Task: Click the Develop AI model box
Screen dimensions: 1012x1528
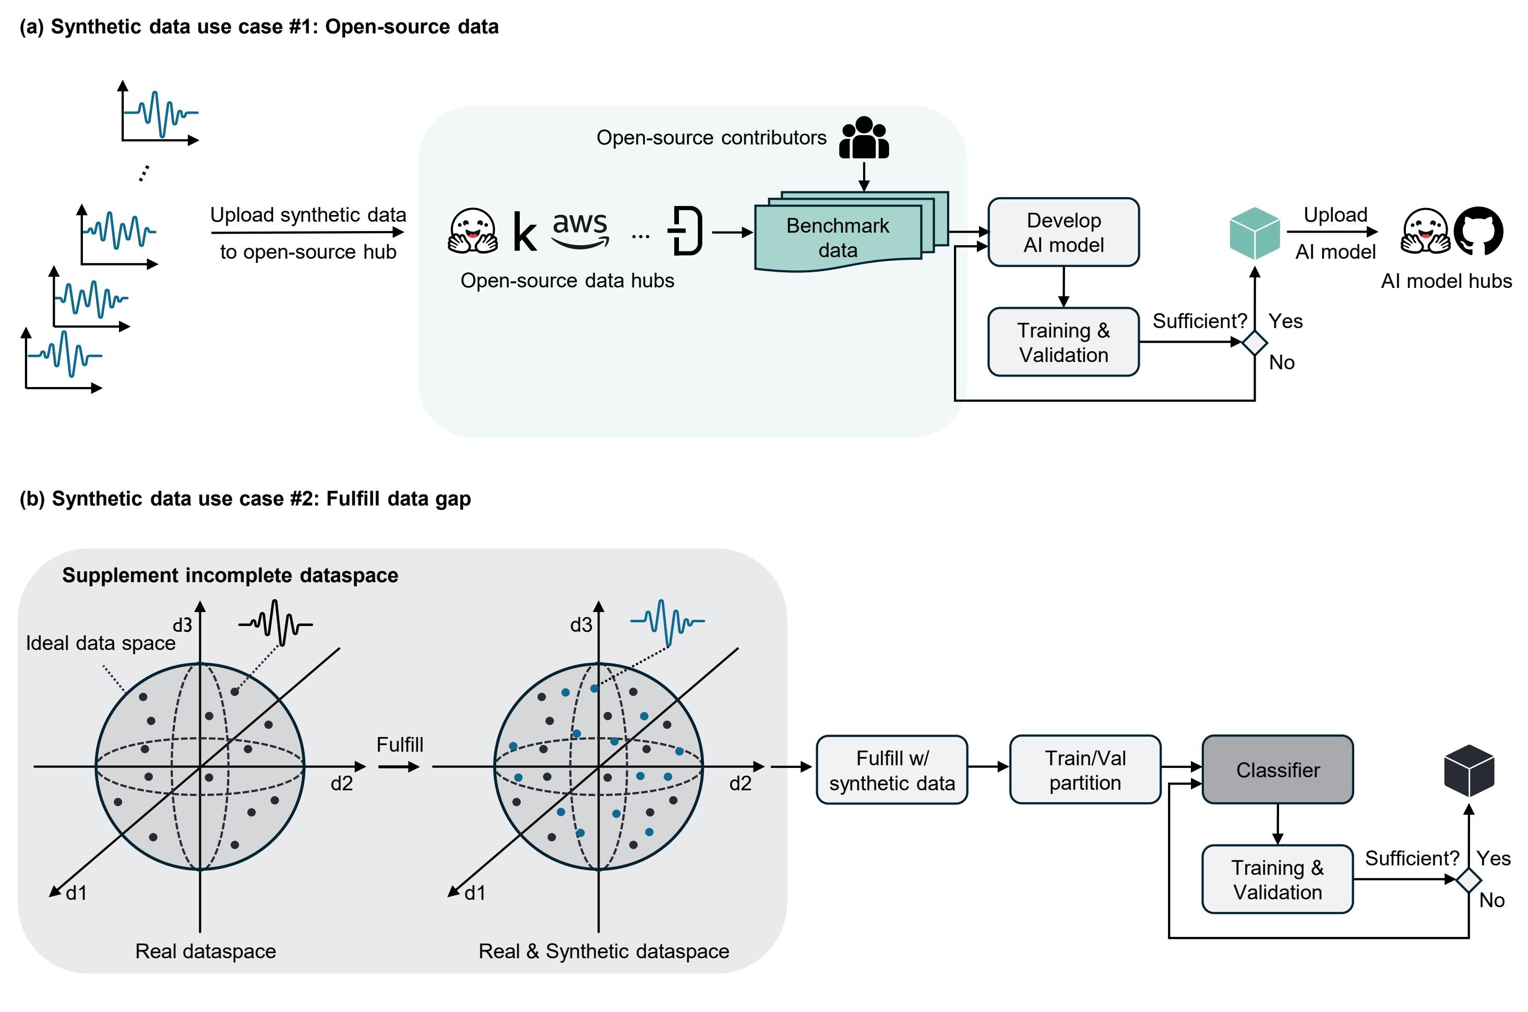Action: pyautogui.click(x=1063, y=232)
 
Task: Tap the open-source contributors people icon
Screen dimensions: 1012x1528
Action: pyautogui.click(x=863, y=138)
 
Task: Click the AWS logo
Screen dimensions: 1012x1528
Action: pyautogui.click(x=580, y=229)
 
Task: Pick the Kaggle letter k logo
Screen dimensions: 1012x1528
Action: pyautogui.click(x=524, y=232)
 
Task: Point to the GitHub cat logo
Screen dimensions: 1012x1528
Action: pyautogui.click(x=1478, y=231)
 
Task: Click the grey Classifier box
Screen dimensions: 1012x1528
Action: pyautogui.click(x=1277, y=769)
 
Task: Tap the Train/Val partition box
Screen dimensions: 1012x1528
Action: pyautogui.click(x=1084, y=769)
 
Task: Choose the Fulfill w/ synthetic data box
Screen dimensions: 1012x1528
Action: pyautogui.click(x=891, y=770)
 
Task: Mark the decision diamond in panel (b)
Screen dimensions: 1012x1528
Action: pyautogui.click(x=1469, y=880)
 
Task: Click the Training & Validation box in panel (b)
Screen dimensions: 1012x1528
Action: pyautogui.click(x=1277, y=879)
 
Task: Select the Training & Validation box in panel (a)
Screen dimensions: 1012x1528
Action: pyautogui.click(x=1063, y=342)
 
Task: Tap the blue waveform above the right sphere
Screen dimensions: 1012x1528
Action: pyautogui.click(x=667, y=621)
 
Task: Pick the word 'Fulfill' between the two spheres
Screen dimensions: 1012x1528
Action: pyautogui.click(x=400, y=744)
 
